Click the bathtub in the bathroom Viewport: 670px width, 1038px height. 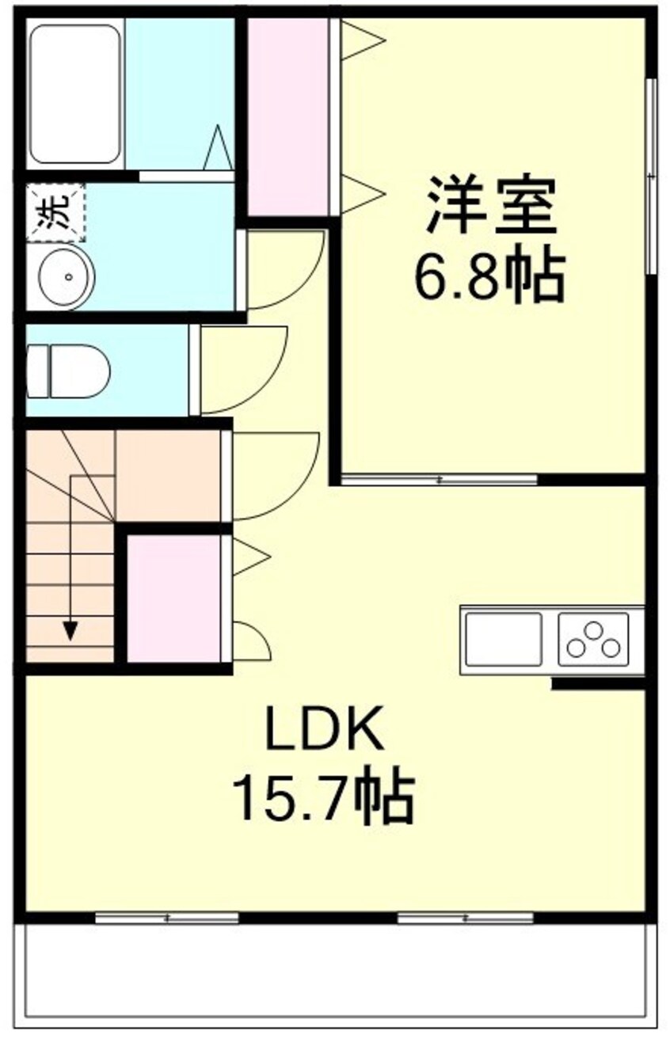click(75, 94)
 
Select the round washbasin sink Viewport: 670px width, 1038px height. click(67, 276)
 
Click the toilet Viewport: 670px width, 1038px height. click(68, 371)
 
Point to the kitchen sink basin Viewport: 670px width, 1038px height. click(504, 639)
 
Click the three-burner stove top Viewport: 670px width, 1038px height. click(593, 639)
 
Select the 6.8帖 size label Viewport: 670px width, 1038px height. click(489, 278)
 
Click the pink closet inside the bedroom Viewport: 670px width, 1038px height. click(288, 116)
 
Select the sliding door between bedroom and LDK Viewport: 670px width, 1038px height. click(440, 479)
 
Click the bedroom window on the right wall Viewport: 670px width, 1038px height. click(652, 176)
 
